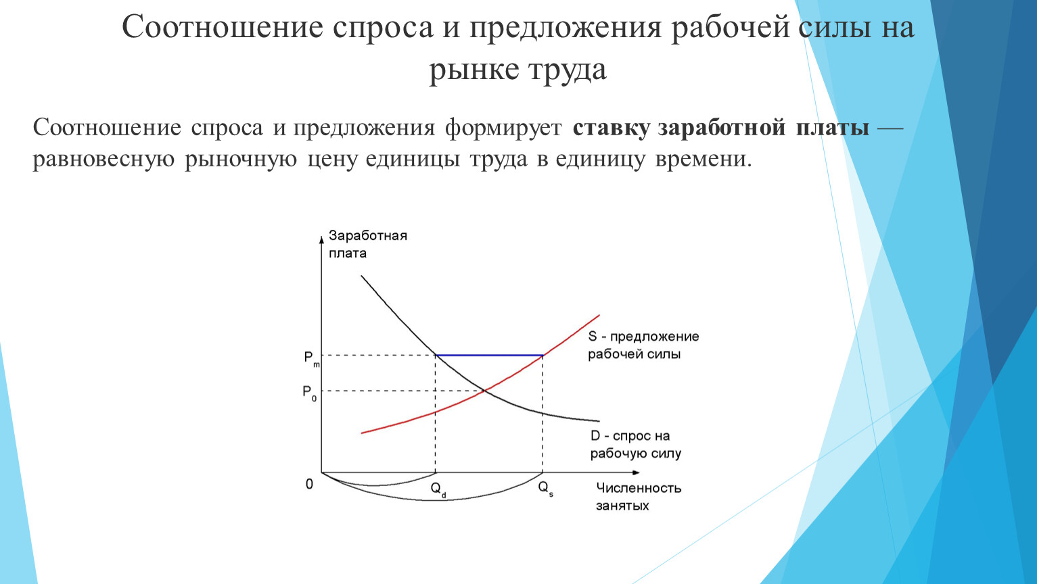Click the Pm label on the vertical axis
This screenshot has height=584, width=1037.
[x=312, y=359]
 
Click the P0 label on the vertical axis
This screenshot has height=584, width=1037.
[x=310, y=393]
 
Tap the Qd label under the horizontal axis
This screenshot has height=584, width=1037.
[x=438, y=489]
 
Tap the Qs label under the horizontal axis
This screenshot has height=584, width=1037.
[x=545, y=489]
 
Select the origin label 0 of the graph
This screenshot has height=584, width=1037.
[x=309, y=484]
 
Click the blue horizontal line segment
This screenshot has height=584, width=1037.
[x=489, y=356]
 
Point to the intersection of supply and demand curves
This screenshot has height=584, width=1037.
[x=485, y=391]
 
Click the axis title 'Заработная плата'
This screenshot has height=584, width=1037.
[x=368, y=244]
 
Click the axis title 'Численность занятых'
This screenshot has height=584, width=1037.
[x=639, y=497]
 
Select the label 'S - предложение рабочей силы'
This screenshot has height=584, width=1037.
[x=643, y=345]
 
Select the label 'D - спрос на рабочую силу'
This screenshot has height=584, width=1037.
[x=636, y=444]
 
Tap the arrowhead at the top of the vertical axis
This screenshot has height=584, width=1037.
[x=322, y=239]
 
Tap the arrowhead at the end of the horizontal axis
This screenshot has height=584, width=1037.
[x=636, y=472]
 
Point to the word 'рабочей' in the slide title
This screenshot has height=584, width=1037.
[x=730, y=28]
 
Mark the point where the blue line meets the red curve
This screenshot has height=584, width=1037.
[x=543, y=356]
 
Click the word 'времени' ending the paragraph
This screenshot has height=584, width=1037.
[x=704, y=160]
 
